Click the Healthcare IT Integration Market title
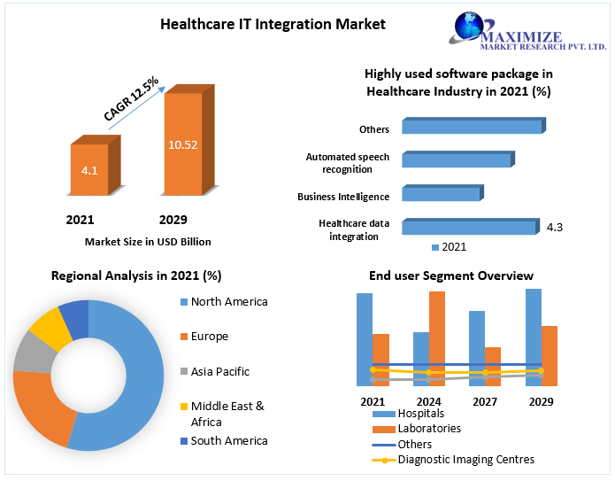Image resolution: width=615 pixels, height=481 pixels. click(273, 24)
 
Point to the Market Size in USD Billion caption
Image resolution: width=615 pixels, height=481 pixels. click(148, 241)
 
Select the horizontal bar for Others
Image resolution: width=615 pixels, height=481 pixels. click(471, 128)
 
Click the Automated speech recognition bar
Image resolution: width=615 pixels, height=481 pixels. click(457, 160)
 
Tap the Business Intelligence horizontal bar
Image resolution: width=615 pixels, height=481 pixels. click(441, 194)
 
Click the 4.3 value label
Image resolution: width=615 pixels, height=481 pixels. click(555, 228)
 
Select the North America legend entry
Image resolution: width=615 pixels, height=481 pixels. click(228, 302)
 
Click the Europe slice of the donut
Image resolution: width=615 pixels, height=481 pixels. click(36, 408)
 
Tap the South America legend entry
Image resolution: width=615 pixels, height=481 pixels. click(228, 441)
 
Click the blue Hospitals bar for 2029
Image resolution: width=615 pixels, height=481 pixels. click(534, 337)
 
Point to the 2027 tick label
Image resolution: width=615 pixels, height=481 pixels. click(485, 401)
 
